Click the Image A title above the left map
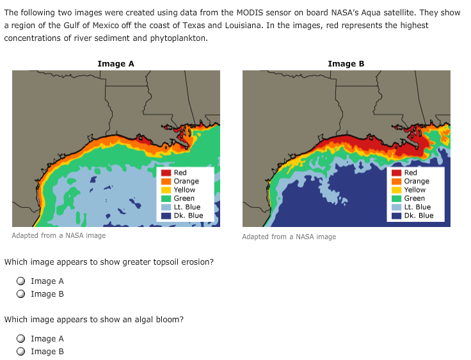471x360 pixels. coord(116,63)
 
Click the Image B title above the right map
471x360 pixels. coord(346,63)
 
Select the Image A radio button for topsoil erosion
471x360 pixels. coord(21,281)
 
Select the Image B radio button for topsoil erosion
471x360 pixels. coord(21,294)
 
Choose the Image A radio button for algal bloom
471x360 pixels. coord(21,339)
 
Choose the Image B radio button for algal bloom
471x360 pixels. coord(21,352)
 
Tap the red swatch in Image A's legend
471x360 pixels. coord(166,173)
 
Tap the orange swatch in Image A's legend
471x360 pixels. coord(166,182)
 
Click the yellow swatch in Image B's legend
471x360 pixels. coord(396,190)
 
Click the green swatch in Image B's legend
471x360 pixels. coord(396,198)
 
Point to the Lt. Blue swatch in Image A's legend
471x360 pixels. coord(166,207)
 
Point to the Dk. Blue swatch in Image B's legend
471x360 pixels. coord(396,215)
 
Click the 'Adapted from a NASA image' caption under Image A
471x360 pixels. coord(59,236)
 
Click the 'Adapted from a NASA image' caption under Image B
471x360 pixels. coord(289,237)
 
